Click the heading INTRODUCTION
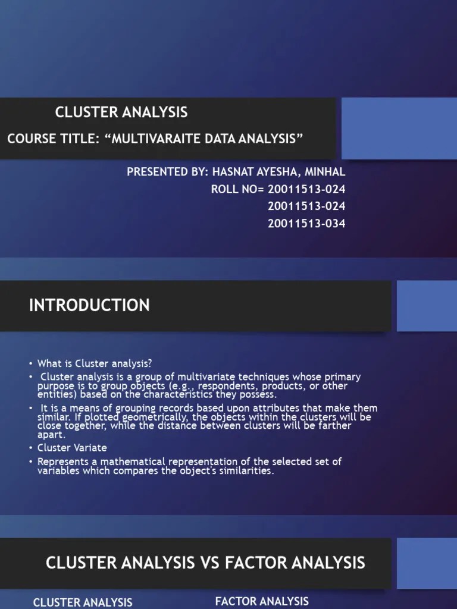coord(89,305)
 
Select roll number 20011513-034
coord(306,224)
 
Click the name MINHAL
coord(325,172)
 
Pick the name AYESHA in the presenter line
coord(280,172)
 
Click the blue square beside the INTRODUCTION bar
coord(426,306)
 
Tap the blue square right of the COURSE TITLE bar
coord(399,128)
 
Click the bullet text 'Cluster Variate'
coord(72,447)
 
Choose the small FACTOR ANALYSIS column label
coord(262,601)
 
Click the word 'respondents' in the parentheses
coord(199,386)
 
